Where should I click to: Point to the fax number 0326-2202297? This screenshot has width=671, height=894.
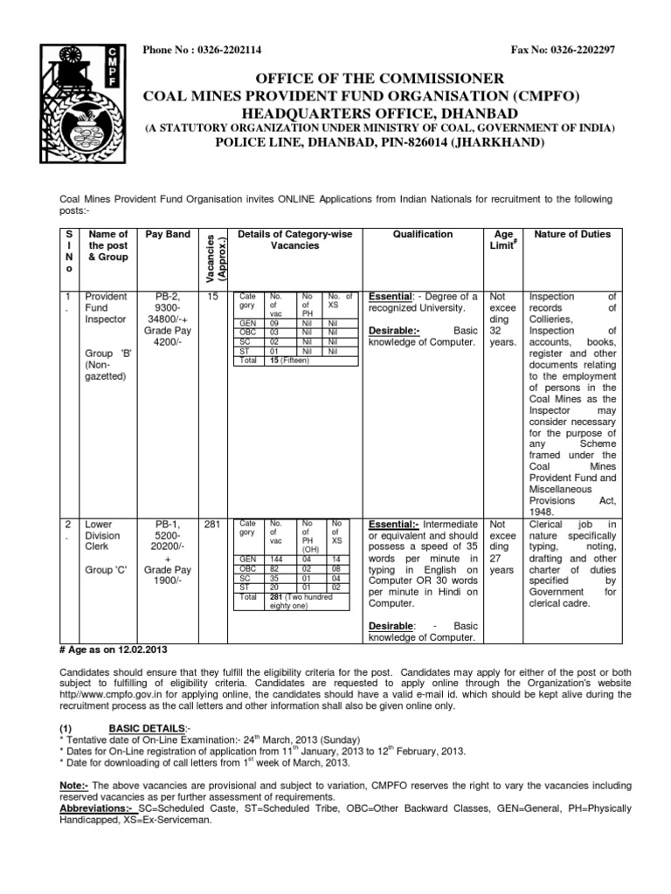click(582, 50)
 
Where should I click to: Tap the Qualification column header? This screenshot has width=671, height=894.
click(423, 234)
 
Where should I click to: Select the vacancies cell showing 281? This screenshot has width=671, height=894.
click(214, 524)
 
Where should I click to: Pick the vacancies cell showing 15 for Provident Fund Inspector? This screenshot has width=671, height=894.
click(213, 298)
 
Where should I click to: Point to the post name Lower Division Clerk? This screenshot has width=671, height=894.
click(100, 536)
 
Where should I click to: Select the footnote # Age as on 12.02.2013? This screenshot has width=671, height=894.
click(113, 650)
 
